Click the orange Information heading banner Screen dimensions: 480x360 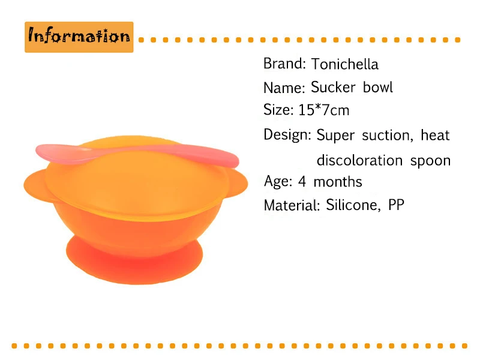pos(79,37)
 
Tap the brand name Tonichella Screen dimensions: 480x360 pos(345,64)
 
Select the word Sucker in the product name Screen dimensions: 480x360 pos(333,87)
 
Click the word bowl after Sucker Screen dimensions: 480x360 pos(378,87)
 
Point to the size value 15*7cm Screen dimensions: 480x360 pos(324,110)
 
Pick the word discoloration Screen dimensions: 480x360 pos(359,160)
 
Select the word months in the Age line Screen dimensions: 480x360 pos(338,182)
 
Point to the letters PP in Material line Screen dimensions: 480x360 pos(397,205)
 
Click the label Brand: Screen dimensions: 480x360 pos(284,64)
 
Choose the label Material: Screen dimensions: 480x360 pos(292,205)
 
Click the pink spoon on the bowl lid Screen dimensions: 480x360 pos(138,155)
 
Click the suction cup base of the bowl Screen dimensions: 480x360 pos(134,260)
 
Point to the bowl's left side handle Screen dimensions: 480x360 pos(36,186)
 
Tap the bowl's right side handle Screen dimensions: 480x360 pos(238,184)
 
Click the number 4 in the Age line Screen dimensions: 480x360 pos(302,182)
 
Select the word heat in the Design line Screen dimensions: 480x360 pos(436,135)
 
